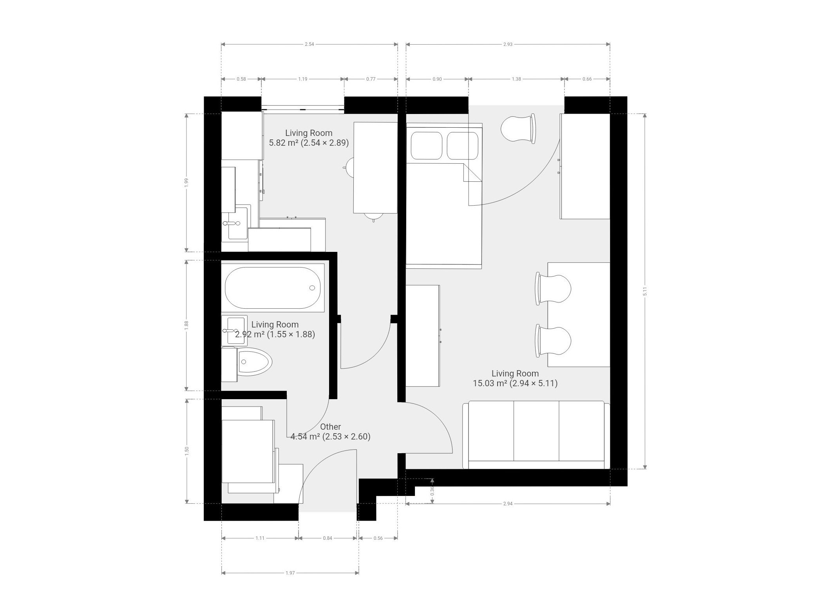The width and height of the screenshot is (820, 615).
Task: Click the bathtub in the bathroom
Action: tap(273, 288)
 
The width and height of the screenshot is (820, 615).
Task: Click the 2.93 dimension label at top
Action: tap(508, 44)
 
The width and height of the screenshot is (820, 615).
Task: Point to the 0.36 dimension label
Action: tap(432, 490)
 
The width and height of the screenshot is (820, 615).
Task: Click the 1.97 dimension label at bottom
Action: tap(290, 573)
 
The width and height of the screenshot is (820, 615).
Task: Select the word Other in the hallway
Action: tap(331, 427)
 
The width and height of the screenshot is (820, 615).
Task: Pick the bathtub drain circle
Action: tap(312, 288)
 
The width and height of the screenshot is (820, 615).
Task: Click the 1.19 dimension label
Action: tap(302, 79)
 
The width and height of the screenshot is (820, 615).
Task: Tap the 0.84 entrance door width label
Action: tap(328, 538)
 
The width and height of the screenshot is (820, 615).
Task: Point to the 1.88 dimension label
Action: tap(186, 326)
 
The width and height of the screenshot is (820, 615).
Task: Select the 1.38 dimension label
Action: tap(516, 79)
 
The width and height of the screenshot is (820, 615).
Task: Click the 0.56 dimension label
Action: tap(378, 538)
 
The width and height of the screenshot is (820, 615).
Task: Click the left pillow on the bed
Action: tap(426, 146)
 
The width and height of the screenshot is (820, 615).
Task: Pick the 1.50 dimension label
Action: tap(187, 451)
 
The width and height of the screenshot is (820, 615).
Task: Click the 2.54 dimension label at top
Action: tap(309, 44)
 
